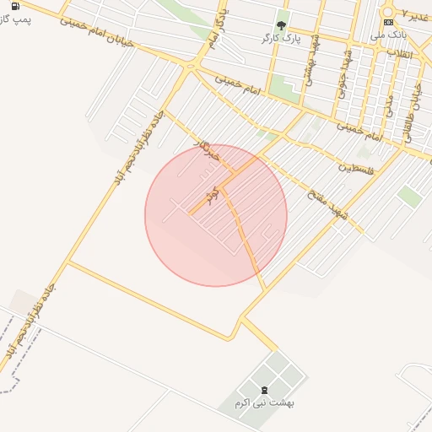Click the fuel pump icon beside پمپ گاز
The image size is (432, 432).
[x=15, y=6]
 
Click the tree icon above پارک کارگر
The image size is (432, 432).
[x=281, y=25]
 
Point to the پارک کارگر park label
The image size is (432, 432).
[x=281, y=38]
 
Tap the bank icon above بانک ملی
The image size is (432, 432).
[x=388, y=23]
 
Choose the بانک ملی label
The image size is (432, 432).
[x=389, y=35]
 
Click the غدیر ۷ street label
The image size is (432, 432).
[x=415, y=15]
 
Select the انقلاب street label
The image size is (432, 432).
[x=399, y=53]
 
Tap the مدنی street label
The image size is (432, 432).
[x=388, y=105]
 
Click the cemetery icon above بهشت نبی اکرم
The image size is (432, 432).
[x=264, y=390]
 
